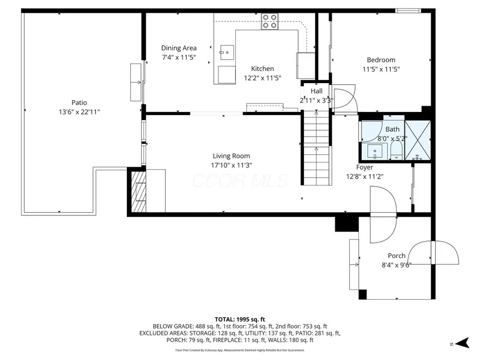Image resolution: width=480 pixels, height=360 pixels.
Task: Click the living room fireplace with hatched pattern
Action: pos(139,191)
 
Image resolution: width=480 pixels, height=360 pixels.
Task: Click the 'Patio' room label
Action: pos(79,102)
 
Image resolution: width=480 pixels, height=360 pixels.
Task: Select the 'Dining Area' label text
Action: pos(179,48)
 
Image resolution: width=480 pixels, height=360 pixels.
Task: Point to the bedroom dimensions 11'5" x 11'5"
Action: pos(381,69)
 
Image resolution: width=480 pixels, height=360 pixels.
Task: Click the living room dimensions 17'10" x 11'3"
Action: pos(231,165)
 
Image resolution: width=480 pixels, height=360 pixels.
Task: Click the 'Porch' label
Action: pos(396,255)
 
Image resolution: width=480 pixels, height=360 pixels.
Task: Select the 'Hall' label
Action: pos(317,91)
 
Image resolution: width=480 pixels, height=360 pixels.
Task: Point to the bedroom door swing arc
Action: pos(343,98)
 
